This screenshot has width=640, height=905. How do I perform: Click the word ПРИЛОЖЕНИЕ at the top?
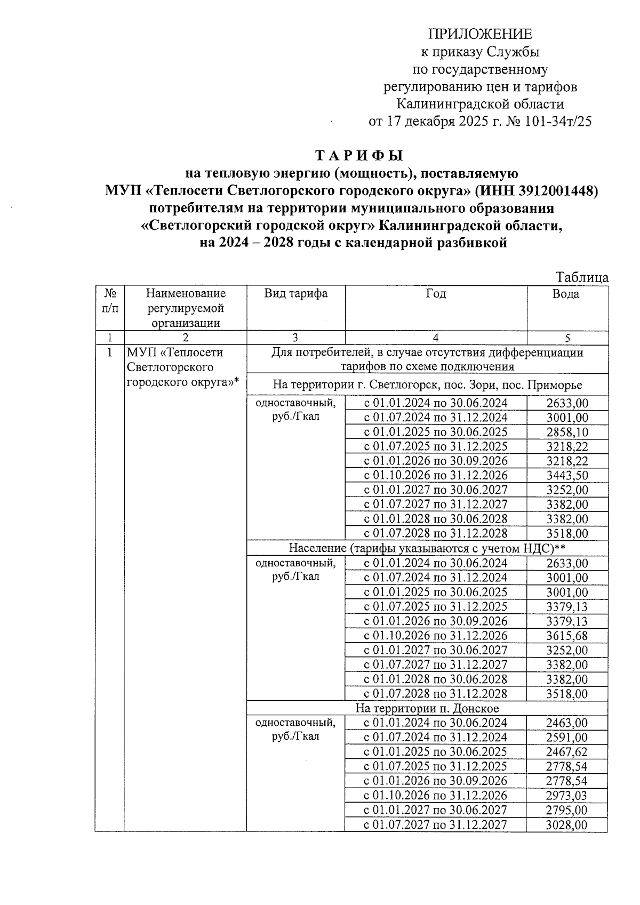coord(480,35)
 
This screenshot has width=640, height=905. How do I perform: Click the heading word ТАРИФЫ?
coord(359,156)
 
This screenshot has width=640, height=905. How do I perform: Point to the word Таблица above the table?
coord(582,277)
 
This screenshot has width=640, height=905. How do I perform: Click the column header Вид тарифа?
coord(295,293)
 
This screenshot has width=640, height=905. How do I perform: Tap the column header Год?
coord(436,293)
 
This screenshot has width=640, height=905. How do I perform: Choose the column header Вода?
coord(566,293)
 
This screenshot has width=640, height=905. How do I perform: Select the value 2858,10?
coord(567,432)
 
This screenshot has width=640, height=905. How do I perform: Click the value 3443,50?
coord(567,475)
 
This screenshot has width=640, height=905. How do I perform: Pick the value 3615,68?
coord(567,636)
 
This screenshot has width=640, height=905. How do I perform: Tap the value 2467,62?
coord(567,752)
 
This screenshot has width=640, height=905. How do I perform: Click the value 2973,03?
coord(567,796)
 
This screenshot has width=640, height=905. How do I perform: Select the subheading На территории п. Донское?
coord(427,708)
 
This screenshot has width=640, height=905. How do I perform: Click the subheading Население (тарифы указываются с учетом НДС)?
coord(427,548)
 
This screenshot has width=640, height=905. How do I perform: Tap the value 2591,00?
coord(567,738)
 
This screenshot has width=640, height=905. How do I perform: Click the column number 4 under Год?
coord(436,338)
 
